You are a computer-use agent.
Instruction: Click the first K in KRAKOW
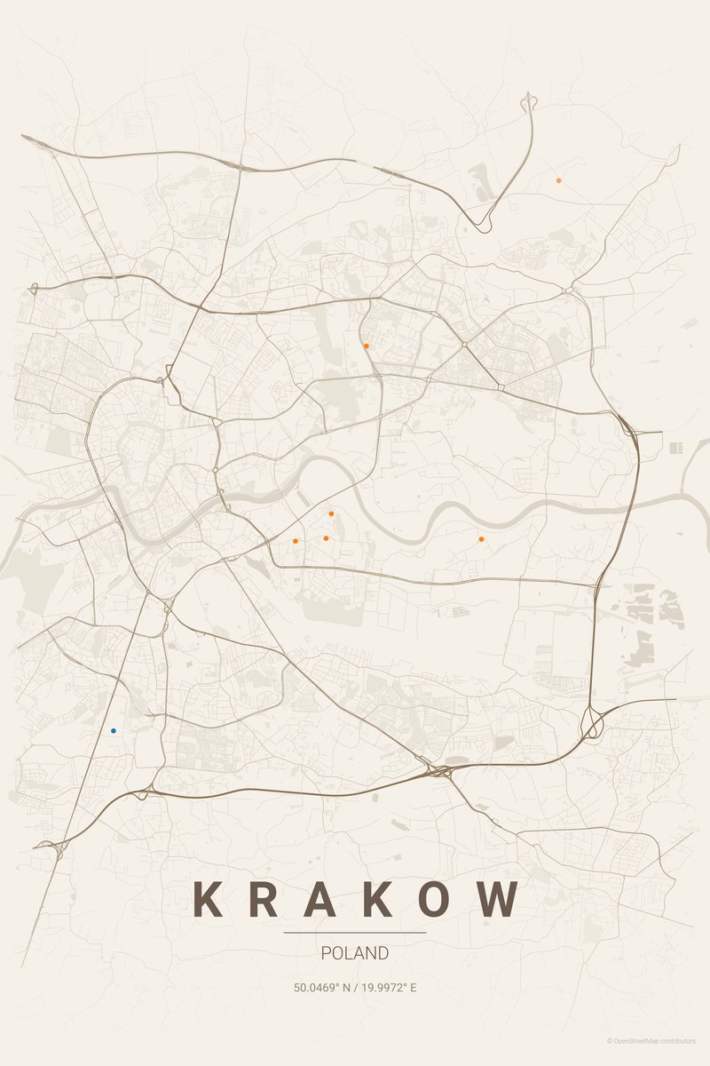pos(207,899)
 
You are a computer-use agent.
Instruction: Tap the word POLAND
pos(355,953)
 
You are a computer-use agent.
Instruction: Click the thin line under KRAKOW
pos(355,933)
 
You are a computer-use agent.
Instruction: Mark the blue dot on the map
pos(114,730)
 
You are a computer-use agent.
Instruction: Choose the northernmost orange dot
pos(558,180)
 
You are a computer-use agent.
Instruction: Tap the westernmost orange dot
pos(295,540)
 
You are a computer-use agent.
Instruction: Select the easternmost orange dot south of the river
pos(481,538)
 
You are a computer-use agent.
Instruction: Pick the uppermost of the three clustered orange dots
pos(331,513)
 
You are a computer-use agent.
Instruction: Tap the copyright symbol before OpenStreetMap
pos(610,1041)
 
